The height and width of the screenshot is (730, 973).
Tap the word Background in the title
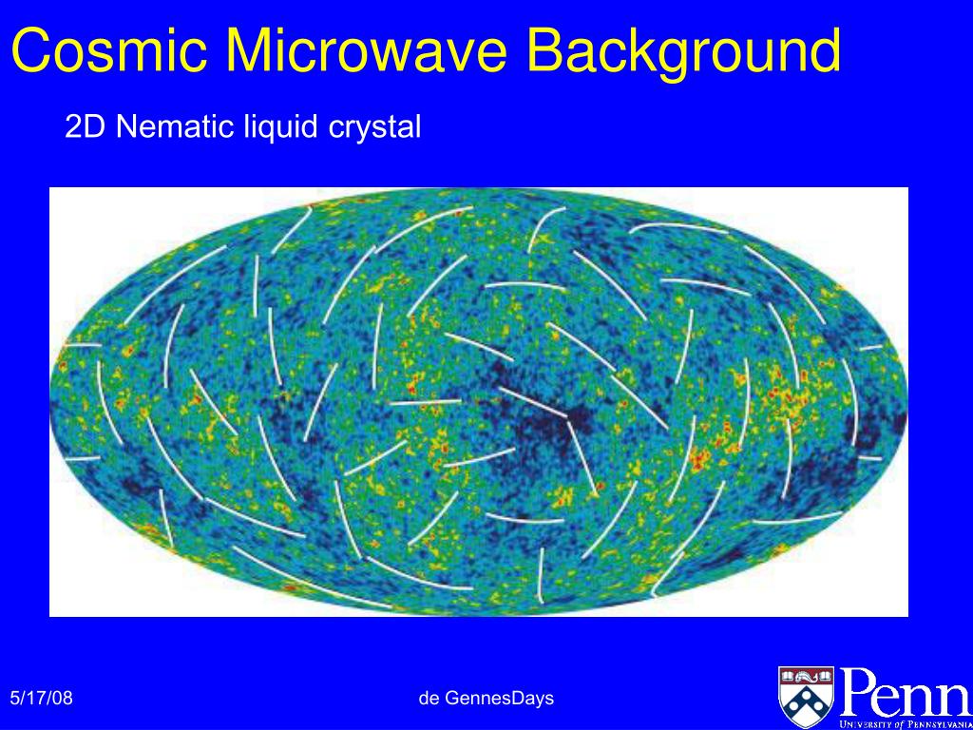coord(684,52)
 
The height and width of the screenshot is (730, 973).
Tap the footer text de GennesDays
coord(486,699)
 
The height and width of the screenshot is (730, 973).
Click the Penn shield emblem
coord(806,693)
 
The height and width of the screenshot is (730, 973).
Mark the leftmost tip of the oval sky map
coord(51,402)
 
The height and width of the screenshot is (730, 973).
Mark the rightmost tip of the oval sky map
coord(906,402)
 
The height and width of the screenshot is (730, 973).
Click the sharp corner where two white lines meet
coord(568,419)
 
